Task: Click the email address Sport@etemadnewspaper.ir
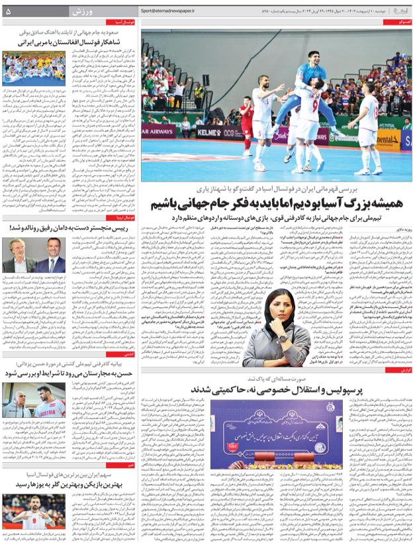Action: (184, 11)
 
